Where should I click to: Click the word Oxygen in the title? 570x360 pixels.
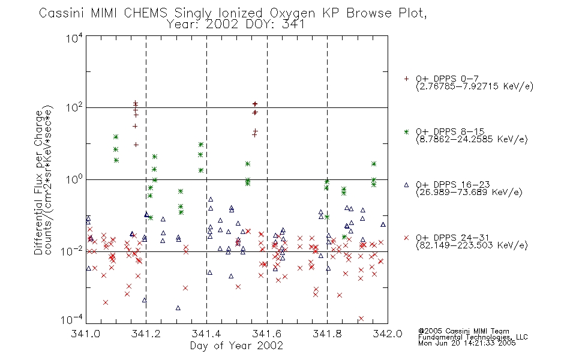(x=292, y=14)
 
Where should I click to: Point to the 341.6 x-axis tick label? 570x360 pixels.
(x=266, y=334)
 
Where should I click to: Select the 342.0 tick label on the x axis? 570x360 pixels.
(x=388, y=334)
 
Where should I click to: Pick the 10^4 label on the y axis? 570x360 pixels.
(x=74, y=38)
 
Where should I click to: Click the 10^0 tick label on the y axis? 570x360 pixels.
(x=74, y=179)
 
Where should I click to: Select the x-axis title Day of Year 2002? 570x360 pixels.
(x=236, y=346)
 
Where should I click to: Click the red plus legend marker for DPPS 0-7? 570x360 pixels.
(x=406, y=79)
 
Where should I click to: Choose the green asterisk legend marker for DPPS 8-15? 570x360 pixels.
(x=406, y=132)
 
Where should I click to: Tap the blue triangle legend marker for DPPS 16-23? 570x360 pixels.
(x=406, y=185)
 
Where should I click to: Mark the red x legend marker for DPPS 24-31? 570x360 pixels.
(x=406, y=238)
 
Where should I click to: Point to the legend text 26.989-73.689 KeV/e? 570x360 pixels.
(x=469, y=193)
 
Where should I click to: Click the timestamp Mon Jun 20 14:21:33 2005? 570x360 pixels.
(x=467, y=343)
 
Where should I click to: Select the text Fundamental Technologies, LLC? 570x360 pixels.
(x=473, y=337)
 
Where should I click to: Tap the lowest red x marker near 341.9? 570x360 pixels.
(x=361, y=319)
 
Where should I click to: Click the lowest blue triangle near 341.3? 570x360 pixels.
(x=178, y=308)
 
